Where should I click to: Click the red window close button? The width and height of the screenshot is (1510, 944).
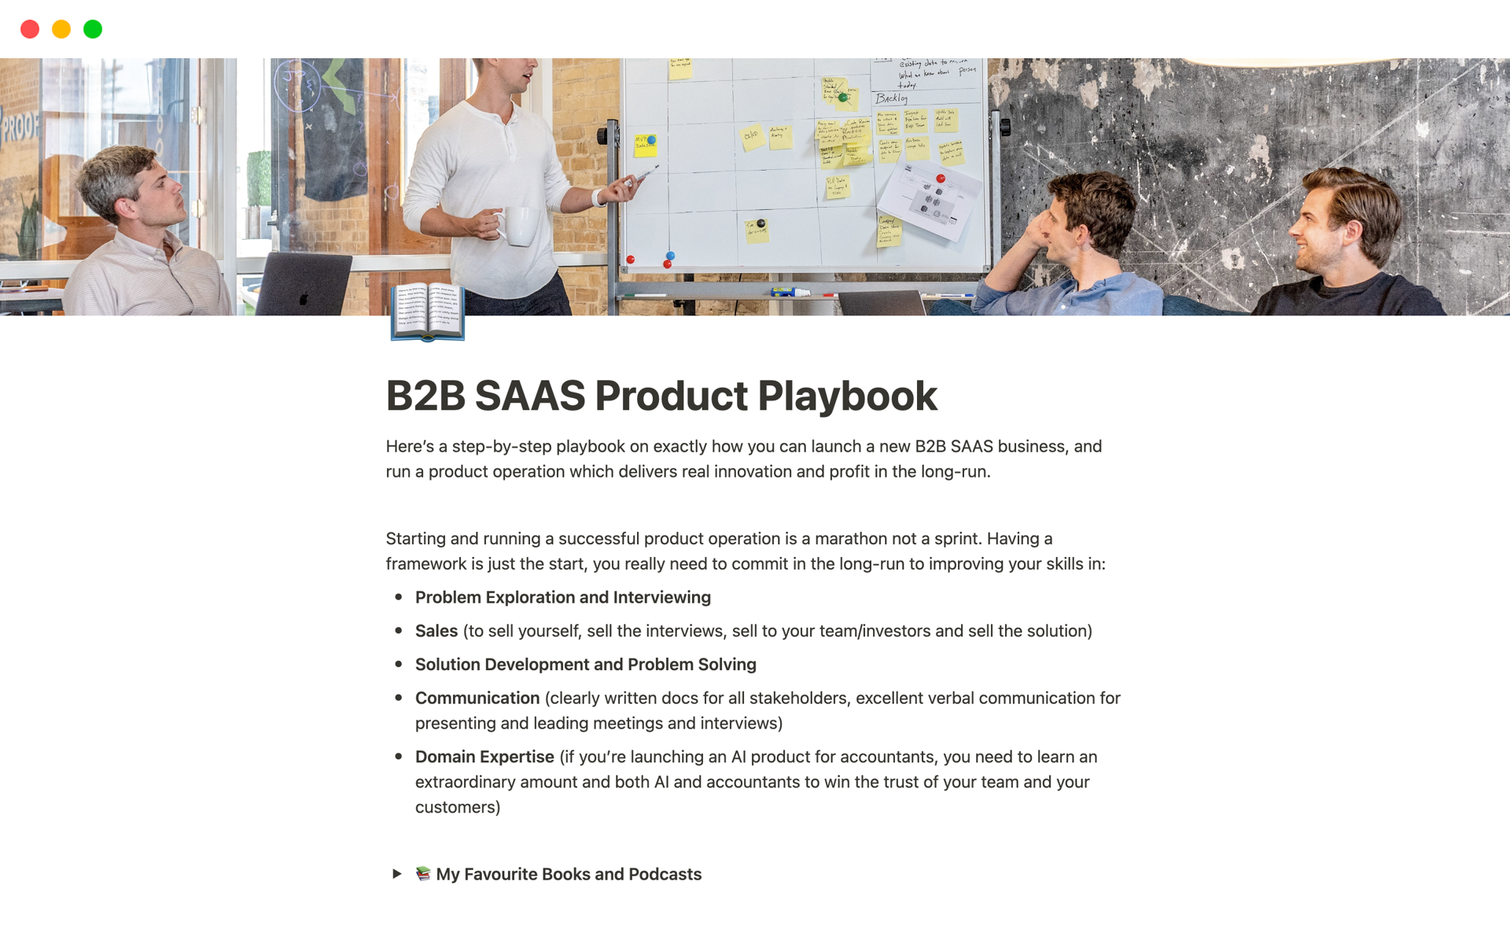(x=30, y=29)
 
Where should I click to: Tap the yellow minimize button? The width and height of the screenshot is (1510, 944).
(x=61, y=29)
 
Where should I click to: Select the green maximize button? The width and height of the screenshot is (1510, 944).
(x=93, y=29)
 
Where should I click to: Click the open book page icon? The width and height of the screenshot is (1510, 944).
(x=428, y=312)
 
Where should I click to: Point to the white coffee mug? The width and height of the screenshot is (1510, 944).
(x=519, y=226)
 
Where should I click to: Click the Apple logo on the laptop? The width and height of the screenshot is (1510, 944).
(x=304, y=298)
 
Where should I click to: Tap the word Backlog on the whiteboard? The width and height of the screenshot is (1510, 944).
(x=892, y=98)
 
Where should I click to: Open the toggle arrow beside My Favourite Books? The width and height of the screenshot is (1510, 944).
(x=397, y=874)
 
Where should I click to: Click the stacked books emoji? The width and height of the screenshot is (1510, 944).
(x=423, y=873)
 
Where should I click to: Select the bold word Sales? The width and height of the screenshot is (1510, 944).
(x=436, y=631)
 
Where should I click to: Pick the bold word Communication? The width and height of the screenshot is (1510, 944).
(x=477, y=698)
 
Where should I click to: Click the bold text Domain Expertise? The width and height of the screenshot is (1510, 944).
(x=484, y=757)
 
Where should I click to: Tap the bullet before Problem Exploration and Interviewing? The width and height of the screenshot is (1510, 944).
(x=399, y=597)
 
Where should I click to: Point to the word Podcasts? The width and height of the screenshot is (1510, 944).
(x=665, y=874)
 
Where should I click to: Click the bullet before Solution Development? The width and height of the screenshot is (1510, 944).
(x=399, y=664)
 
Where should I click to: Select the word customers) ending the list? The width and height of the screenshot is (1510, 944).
(x=458, y=807)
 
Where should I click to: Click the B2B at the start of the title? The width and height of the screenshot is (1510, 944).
(x=425, y=396)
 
